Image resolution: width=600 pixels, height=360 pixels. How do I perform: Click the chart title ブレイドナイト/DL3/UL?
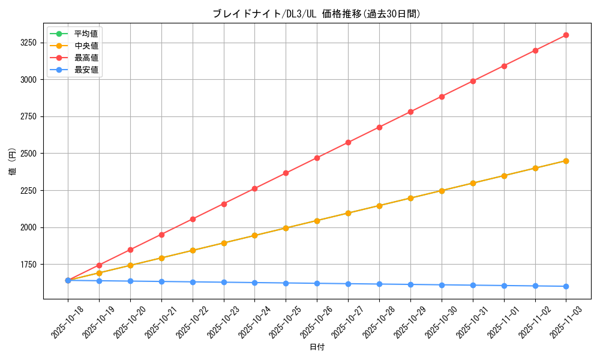pyautogui.click(x=317, y=14)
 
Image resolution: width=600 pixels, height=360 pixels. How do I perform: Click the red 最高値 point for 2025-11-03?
pyautogui.click(x=566, y=35)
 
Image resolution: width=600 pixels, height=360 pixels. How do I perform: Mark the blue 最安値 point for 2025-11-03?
pyautogui.click(x=566, y=286)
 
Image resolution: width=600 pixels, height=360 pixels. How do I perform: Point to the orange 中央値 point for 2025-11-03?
pyautogui.click(x=566, y=161)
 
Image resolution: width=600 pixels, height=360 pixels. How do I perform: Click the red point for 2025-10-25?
pyautogui.click(x=286, y=173)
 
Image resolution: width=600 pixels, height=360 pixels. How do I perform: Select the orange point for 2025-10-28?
pyautogui.click(x=379, y=206)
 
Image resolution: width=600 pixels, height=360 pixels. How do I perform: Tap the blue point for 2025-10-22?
pyautogui.click(x=193, y=282)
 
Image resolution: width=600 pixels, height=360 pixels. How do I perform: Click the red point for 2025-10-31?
pyautogui.click(x=473, y=81)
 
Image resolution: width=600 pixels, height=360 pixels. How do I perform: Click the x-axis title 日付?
pyautogui.click(x=317, y=347)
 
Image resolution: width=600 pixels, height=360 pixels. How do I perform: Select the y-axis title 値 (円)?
pyautogui.click(x=13, y=162)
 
